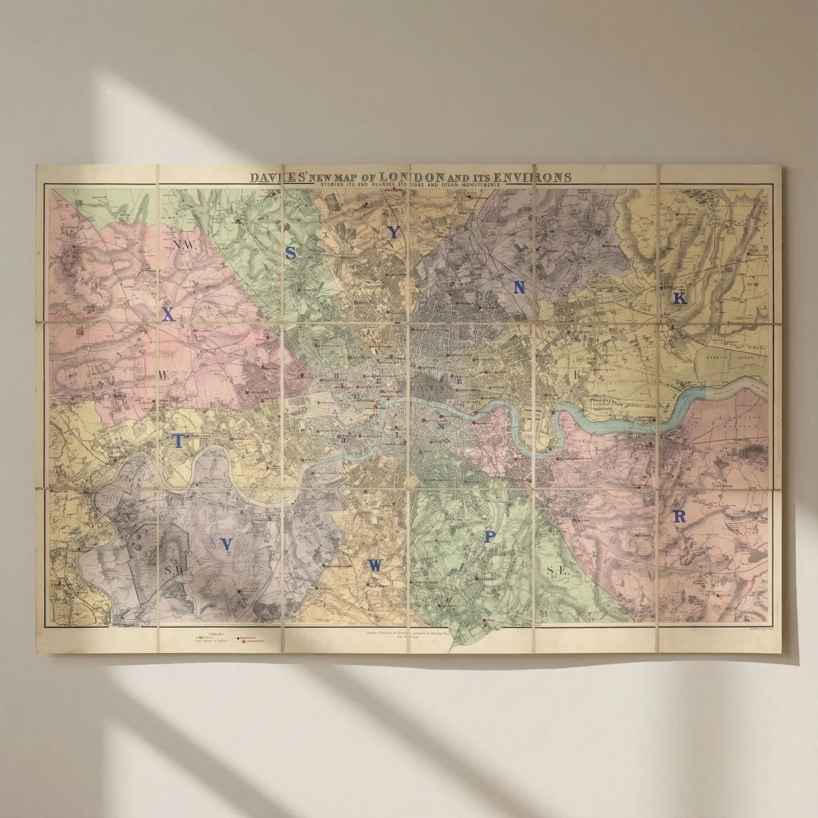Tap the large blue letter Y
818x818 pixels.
tap(393, 233)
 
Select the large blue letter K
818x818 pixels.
tap(679, 298)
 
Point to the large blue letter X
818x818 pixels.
tap(169, 315)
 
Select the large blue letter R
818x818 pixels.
tap(680, 517)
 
